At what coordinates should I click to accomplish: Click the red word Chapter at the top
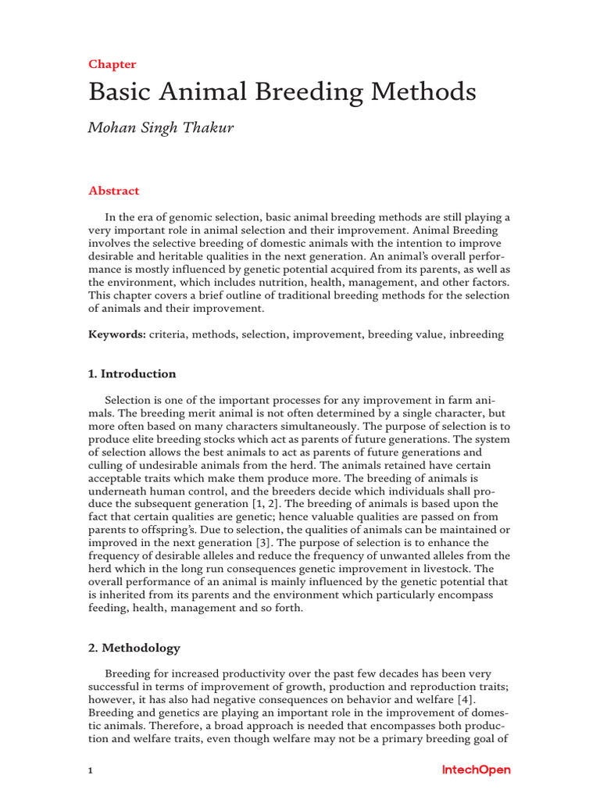[x=112, y=64]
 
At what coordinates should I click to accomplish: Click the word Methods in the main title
[x=426, y=92]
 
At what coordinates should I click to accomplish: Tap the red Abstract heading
[x=114, y=191]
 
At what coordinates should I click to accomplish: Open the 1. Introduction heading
[x=132, y=373]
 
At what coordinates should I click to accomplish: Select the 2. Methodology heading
[x=134, y=648]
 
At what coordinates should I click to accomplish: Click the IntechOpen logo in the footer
[x=476, y=770]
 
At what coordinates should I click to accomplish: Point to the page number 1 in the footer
[x=91, y=771]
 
